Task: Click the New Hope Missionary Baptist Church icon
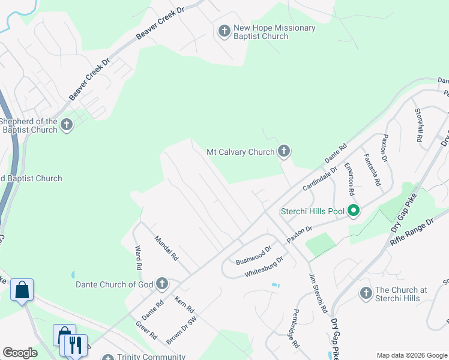tap(224, 31)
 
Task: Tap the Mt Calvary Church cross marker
tap(284, 152)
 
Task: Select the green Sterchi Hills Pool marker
tap(354, 211)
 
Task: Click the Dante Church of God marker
tap(161, 283)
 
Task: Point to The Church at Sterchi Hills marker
tap(366, 293)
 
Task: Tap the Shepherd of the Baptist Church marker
tap(66, 125)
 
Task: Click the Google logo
tap(20, 352)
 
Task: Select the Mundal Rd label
tap(167, 248)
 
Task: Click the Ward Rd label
tap(138, 257)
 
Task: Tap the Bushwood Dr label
tap(253, 254)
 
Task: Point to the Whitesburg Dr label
tap(264, 266)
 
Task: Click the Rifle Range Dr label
tap(411, 233)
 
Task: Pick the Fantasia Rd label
tap(372, 169)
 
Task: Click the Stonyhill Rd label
tap(419, 125)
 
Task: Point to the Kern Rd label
tap(185, 305)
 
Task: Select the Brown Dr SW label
tap(181, 331)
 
